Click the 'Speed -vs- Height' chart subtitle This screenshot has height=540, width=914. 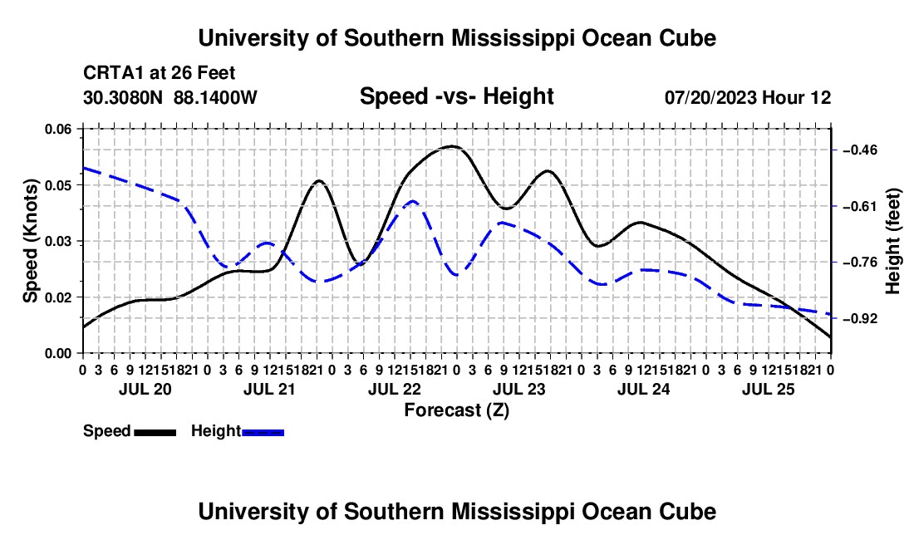pos(456,96)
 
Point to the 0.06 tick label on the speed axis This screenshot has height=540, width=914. pos(57,130)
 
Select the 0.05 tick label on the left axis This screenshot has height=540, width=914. pos(57,185)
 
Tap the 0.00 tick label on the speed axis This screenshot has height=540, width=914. pos(57,354)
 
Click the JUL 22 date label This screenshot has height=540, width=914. pos(394,389)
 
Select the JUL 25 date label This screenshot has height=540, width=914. pos(769,389)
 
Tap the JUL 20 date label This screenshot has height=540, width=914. pos(145,389)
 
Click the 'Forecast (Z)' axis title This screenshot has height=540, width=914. pos(456,410)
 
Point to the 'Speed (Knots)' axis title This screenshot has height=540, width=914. pos(30,241)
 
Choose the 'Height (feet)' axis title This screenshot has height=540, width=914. pos(892,241)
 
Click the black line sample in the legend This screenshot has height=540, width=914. pos(155,433)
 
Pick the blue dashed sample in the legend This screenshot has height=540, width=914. pos(263,433)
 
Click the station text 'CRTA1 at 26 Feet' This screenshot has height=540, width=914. pos(160,73)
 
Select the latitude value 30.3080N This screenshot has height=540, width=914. pos(123,97)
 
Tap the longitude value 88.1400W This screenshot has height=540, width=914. pos(215,97)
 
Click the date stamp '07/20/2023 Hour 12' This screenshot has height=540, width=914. pos(748,97)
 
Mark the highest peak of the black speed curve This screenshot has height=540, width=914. pos(453,146)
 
